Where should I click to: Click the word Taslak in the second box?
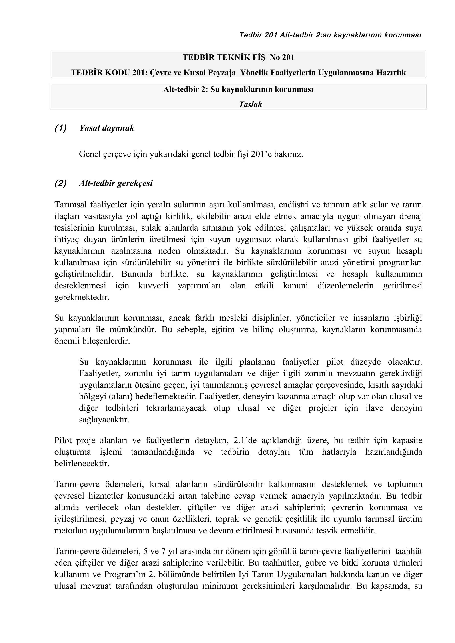coord(250,105)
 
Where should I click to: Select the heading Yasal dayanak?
coord(107,128)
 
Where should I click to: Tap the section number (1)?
coord(61,128)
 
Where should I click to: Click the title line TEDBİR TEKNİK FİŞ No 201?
coord(238,57)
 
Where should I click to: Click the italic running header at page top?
coord(330,35)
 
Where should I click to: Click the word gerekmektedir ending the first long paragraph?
coord(82,297)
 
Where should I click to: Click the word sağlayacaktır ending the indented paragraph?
coord(104,420)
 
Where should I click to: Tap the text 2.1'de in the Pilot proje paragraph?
coord(245,440)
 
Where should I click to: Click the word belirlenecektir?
coord(82,464)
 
